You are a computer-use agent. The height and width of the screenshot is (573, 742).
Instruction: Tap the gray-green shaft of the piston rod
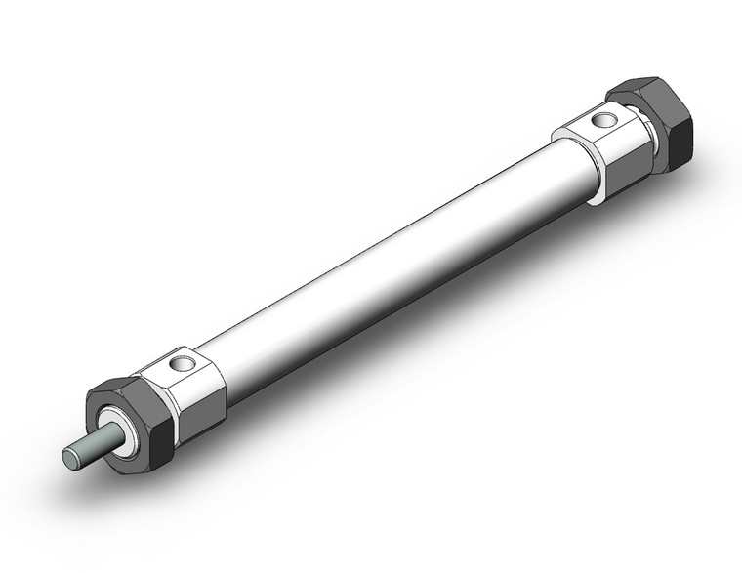tap(89, 450)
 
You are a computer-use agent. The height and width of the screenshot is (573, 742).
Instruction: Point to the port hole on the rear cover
tap(605, 121)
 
